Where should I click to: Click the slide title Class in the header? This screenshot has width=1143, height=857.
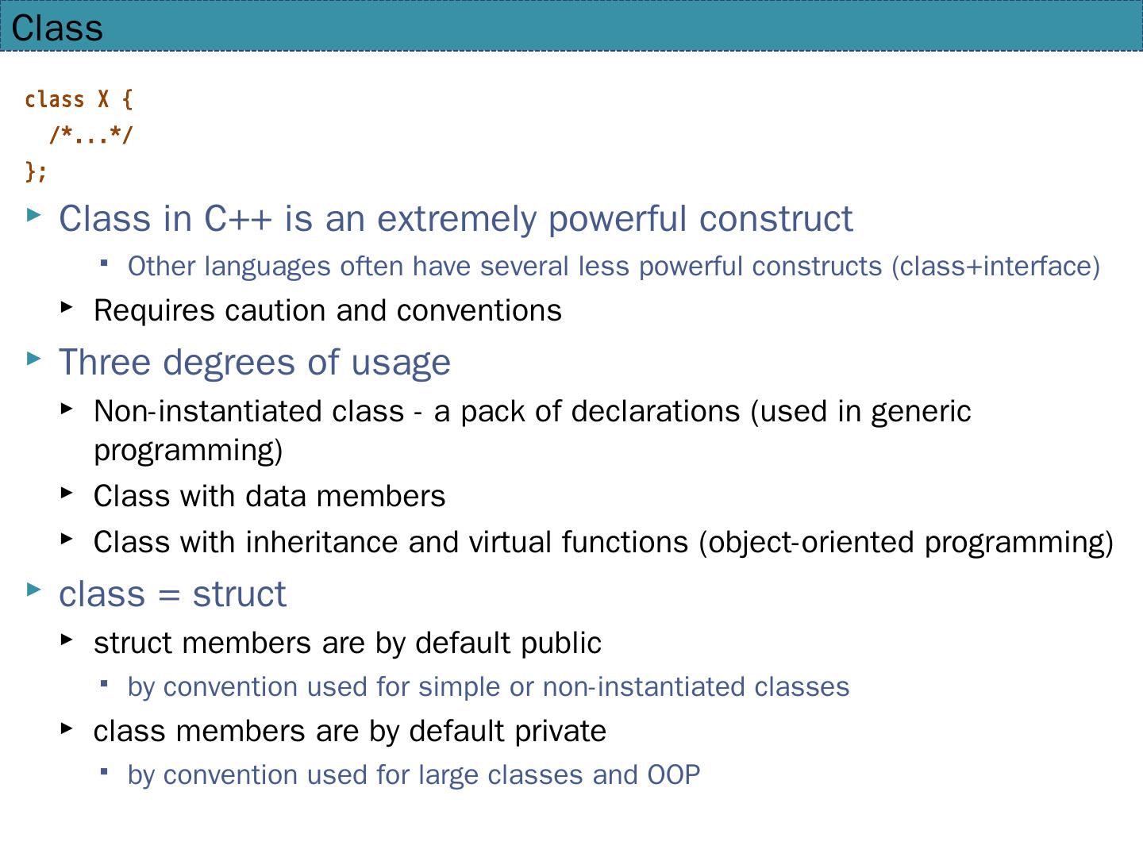(57, 28)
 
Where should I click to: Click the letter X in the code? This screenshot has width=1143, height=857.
(104, 99)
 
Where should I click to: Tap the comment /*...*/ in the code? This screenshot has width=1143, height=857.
(91, 135)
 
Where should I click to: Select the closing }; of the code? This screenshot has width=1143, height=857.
(36, 171)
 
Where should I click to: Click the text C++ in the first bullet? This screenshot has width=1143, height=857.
(237, 218)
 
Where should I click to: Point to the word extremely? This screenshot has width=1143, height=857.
(456, 220)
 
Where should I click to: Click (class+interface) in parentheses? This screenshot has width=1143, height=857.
(995, 267)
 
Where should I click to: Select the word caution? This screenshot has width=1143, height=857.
(275, 310)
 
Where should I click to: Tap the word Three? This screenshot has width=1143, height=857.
(105, 362)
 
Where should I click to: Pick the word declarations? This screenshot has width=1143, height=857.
(655, 411)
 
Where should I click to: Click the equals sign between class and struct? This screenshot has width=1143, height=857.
(169, 595)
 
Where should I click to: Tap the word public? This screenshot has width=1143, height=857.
(561, 644)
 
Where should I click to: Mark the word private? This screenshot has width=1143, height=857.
(560, 732)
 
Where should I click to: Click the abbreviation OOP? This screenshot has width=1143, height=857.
(673, 774)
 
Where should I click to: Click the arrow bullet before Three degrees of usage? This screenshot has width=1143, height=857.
(34, 359)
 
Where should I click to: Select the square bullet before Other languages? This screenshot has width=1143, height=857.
(104, 263)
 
